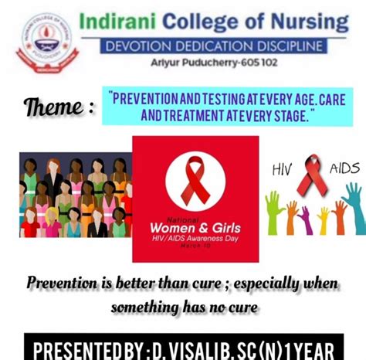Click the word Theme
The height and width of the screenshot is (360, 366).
point(59,106)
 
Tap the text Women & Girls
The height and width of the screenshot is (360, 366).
point(195,228)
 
